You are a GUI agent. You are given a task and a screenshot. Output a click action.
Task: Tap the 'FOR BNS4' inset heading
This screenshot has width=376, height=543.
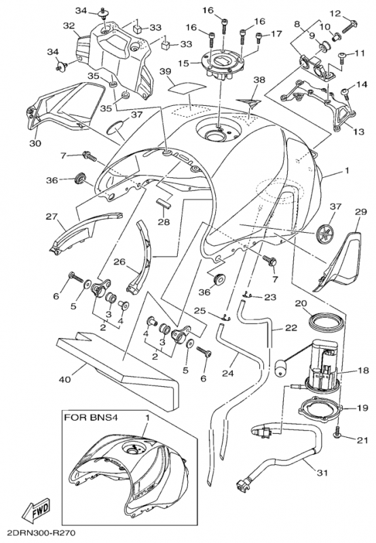91,417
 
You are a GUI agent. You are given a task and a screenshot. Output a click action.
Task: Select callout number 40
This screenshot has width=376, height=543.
64,379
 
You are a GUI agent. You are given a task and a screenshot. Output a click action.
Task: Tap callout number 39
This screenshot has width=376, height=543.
166,71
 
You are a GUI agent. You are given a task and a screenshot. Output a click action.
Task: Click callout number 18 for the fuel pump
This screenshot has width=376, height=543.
362,370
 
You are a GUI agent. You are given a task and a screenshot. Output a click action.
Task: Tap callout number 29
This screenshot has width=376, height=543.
360,212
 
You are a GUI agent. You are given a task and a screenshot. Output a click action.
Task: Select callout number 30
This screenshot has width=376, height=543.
35,143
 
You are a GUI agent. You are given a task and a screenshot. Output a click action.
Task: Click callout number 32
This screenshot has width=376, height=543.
69,25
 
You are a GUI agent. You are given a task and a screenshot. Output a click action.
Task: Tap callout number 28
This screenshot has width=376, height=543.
164,222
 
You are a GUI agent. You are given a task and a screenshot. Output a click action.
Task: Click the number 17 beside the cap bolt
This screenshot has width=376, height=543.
276,34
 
